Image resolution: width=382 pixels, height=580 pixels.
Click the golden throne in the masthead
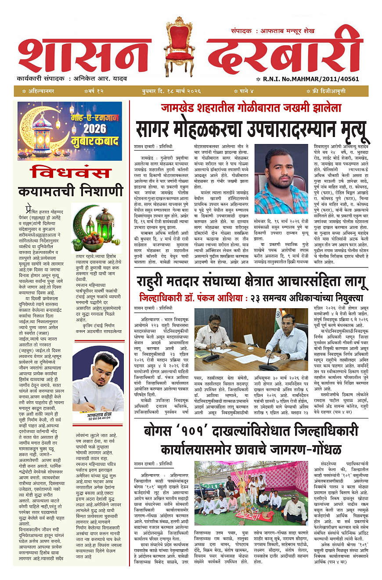[180, 47]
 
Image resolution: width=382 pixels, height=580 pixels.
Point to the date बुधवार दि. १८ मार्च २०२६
[171, 91]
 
